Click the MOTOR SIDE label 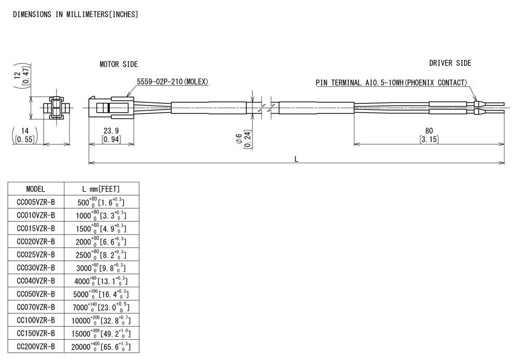119,64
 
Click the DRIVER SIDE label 450,63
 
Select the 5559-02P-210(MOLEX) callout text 173,82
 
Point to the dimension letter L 296,159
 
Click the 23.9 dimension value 111,130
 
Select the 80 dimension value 429,130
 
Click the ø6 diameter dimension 239,138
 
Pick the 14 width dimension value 24,131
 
